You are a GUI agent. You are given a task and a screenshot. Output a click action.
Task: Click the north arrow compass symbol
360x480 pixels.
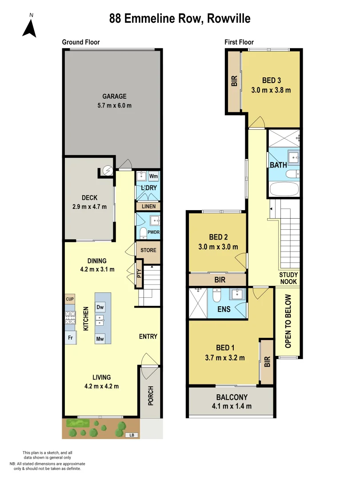point(30,28)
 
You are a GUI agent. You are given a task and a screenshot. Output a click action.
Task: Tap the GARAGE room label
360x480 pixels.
point(114,96)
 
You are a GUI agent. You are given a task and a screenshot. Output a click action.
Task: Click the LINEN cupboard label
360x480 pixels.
point(148,207)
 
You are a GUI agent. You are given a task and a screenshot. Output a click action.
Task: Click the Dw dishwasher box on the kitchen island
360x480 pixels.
point(100,307)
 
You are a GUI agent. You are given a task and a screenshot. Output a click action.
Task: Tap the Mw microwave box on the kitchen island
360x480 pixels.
point(100,339)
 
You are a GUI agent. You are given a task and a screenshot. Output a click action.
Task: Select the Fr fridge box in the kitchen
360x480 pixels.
point(70,337)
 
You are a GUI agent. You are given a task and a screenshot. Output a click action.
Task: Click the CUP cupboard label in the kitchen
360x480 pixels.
point(70,299)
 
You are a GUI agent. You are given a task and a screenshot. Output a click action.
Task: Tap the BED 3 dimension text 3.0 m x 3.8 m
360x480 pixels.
point(271,90)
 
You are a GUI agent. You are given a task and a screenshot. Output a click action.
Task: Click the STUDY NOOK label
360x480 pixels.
point(288,278)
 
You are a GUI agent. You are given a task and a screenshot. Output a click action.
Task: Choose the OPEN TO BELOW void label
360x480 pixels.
point(288,321)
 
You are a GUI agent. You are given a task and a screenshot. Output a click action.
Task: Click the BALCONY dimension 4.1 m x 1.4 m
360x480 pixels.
point(232,406)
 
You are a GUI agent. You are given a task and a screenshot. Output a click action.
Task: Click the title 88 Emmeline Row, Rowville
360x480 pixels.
point(180,19)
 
